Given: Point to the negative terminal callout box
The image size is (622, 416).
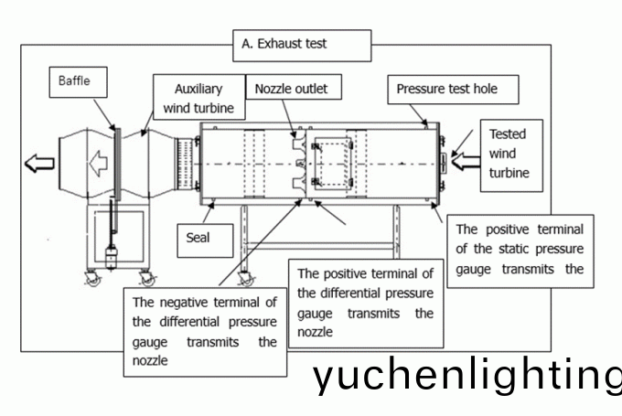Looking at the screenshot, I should point(203,328).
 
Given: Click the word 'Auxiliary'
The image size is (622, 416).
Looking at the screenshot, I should point(199,91).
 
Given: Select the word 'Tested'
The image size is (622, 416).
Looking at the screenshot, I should point(508,133).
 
